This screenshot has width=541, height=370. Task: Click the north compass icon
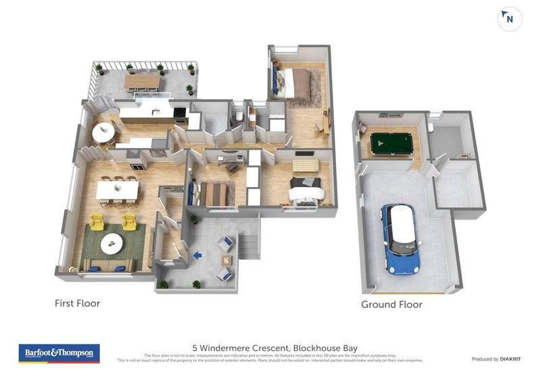tap(509, 19)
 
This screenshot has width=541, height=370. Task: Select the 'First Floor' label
tap(77, 303)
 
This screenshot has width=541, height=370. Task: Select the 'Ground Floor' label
tap(392, 305)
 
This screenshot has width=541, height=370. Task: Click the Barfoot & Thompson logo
tap(60, 352)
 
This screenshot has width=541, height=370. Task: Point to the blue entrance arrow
tap(197, 255)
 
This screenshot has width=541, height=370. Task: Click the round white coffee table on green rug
tap(112, 241)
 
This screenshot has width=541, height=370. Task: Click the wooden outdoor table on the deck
tap(142, 81)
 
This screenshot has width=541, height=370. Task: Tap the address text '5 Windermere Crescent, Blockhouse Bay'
tap(270, 348)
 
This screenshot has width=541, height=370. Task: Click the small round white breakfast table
tap(103, 133)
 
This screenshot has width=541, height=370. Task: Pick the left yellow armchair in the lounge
tap(97, 221)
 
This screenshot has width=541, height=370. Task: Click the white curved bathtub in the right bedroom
tap(308, 194)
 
